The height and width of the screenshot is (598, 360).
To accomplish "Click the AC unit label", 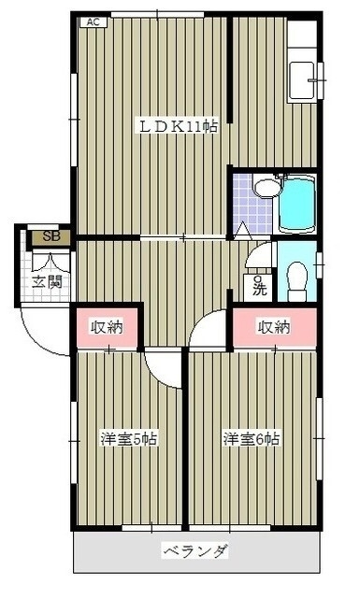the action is (x=94, y=22).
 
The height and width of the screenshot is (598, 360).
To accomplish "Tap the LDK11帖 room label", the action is (x=178, y=126).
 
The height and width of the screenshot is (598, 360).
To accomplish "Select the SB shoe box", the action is (x=51, y=236).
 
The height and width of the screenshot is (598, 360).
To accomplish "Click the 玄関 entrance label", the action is (x=47, y=282).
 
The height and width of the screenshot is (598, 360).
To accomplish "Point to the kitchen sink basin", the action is (x=301, y=80).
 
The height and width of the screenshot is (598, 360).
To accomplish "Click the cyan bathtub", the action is (x=297, y=204).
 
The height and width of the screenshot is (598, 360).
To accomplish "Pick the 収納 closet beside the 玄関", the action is (x=107, y=327).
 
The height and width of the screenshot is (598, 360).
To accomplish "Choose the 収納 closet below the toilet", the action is (x=274, y=327).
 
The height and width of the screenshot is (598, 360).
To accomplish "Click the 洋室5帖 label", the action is (x=129, y=439).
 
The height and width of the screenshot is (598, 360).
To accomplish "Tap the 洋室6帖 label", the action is (x=252, y=439).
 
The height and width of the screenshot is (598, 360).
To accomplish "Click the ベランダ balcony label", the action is (x=195, y=551).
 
